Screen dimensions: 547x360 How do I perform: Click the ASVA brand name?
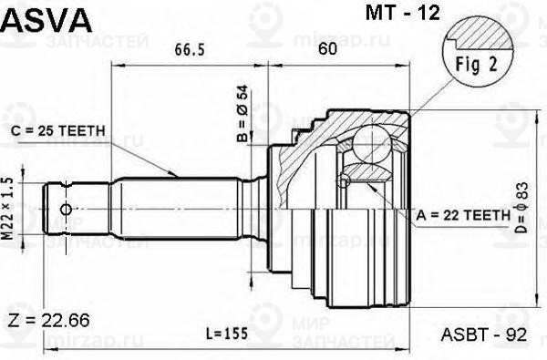pyautogui.click(x=46, y=19)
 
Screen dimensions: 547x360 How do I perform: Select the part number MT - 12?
pyautogui.click(x=403, y=13)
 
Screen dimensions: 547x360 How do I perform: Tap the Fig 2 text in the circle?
pyautogui.click(x=477, y=64)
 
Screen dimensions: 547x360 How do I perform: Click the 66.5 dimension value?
pyautogui.click(x=190, y=49)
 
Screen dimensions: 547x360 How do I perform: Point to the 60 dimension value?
pyautogui.click(x=327, y=48)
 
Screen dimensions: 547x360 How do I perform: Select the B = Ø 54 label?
pyautogui.click(x=243, y=114)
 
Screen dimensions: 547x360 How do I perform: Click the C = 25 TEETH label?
pyautogui.click(x=58, y=131)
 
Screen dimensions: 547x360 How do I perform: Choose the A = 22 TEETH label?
pyautogui.click(x=463, y=216)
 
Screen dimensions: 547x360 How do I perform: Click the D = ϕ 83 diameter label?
pyautogui.click(x=522, y=208)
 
